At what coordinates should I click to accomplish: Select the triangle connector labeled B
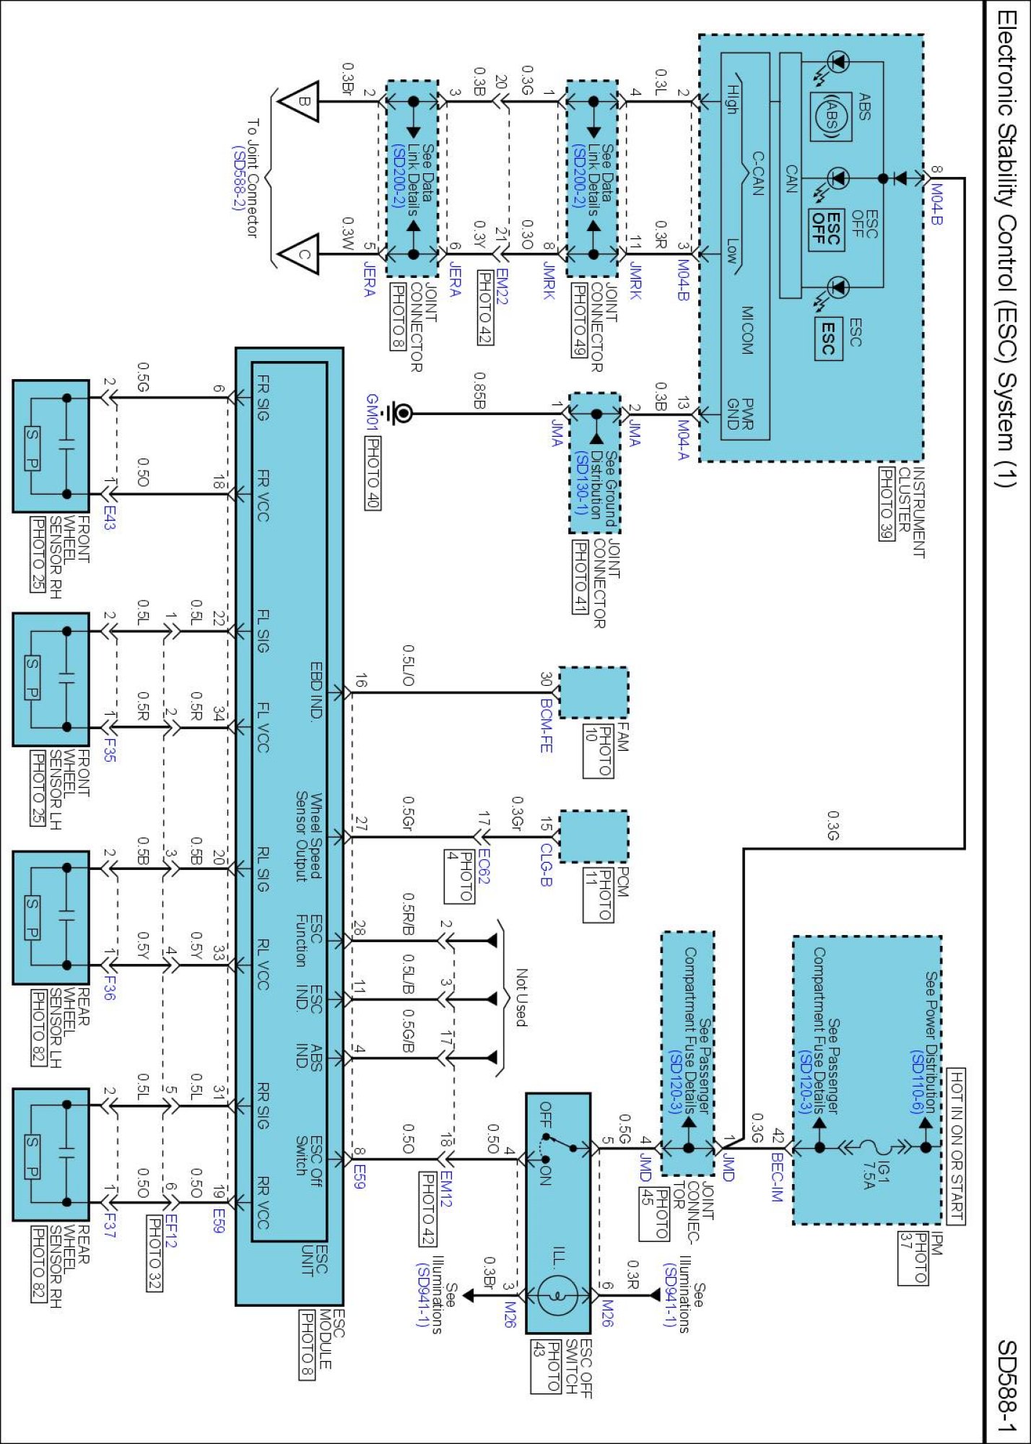point(297,102)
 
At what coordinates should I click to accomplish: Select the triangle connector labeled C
point(297,254)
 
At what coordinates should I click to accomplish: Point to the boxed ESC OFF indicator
point(826,230)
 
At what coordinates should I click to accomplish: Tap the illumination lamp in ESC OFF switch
point(558,1295)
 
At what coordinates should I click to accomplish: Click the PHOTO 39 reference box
point(887,503)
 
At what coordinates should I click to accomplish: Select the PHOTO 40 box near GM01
point(373,473)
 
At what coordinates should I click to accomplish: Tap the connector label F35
point(108,749)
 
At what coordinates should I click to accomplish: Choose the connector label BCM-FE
point(547,725)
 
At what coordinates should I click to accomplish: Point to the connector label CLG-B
point(547,865)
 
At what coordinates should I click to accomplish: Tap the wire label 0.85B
point(479,391)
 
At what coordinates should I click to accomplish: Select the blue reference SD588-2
point(238,178)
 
